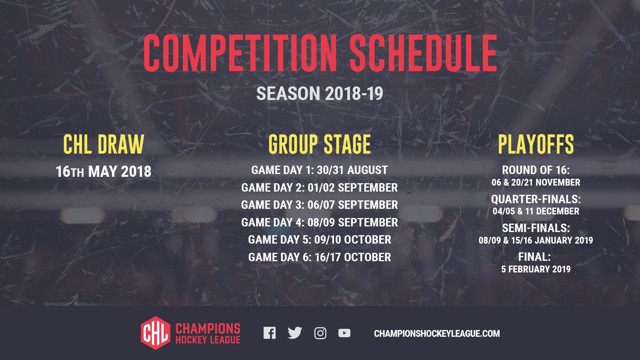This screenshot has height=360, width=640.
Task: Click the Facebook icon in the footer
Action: (270, 333)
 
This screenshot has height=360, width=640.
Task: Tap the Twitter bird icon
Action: (295, 333)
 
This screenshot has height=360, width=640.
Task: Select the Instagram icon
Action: (320, 333)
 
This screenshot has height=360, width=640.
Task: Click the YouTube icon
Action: (344, 333)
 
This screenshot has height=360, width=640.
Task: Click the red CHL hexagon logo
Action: (156, 333)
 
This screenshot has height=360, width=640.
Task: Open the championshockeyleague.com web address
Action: (437, 334)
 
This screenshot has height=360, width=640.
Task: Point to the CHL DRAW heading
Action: (104, 144)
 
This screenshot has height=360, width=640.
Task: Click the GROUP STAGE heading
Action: (320, 144)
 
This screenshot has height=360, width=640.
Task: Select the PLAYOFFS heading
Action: (536, 144)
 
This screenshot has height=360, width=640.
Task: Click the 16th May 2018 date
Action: (104, 172)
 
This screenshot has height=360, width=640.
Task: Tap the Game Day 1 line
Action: (320, 170)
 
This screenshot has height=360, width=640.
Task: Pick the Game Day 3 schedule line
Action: (320, 205)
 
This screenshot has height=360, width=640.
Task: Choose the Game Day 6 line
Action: (320, 257)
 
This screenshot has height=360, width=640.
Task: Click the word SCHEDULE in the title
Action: (424, 53)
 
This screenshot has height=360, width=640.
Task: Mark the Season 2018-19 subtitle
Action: (320, 94)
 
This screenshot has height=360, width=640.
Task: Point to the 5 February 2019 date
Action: (536, 269)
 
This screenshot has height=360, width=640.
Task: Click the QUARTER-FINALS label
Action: (536, 199)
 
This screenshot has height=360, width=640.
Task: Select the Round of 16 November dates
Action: (536, 182)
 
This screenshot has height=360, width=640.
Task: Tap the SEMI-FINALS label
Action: (536, 228)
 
